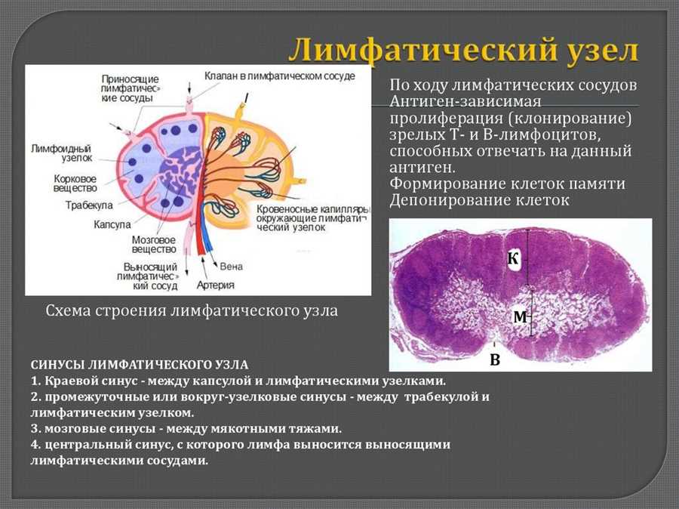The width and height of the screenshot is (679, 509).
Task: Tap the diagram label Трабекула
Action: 89,205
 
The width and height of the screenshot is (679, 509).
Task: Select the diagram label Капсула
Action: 112,224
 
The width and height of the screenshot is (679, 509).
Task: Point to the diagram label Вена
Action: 232,267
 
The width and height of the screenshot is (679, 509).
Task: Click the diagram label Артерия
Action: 216,285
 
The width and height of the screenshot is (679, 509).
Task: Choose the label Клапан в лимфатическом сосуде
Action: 280,76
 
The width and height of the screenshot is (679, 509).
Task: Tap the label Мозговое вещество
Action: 154,245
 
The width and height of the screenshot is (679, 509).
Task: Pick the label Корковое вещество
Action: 75,184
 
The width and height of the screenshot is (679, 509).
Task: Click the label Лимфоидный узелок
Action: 62,153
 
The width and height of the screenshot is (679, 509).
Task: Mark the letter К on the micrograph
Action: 513,258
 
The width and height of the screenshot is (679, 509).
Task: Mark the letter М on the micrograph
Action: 521,317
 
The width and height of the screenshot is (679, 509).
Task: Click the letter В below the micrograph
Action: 495,359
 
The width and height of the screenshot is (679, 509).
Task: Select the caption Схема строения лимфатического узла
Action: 192,311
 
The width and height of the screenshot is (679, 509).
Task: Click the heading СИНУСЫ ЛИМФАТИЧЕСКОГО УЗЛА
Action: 140,365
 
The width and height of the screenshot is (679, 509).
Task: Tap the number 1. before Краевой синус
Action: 35,381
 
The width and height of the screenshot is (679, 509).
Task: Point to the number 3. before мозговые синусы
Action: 35,429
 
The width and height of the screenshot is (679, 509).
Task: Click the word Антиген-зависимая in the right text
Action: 465,101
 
